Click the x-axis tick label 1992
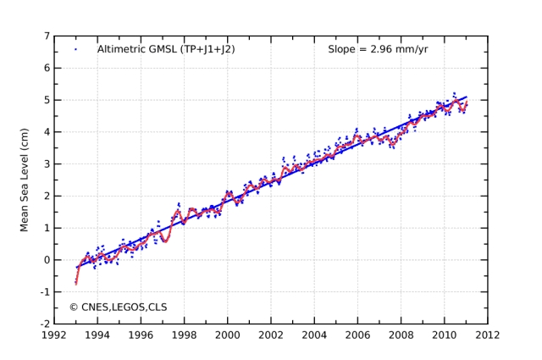click(x=54, y=335)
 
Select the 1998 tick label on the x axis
click(x=184, y=335)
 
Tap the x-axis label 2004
click(x=314, y=335)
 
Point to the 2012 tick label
click(x=487, y=335)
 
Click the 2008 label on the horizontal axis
click(x=401, y=335)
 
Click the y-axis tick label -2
click(x=44, y=324)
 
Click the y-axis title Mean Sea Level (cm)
click(x=25, y=180)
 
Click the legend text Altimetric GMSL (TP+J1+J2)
click(x=166, y=50)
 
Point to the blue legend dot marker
click(x=75, y=50)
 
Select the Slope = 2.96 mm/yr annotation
click(x=378, y=50)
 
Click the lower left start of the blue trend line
click(x=76, y=268)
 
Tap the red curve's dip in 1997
click(x=165, y=241)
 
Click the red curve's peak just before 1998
click(x=178, y=209)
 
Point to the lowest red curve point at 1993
click(x=76, y=283)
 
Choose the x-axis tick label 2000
click(x=227, y=335)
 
